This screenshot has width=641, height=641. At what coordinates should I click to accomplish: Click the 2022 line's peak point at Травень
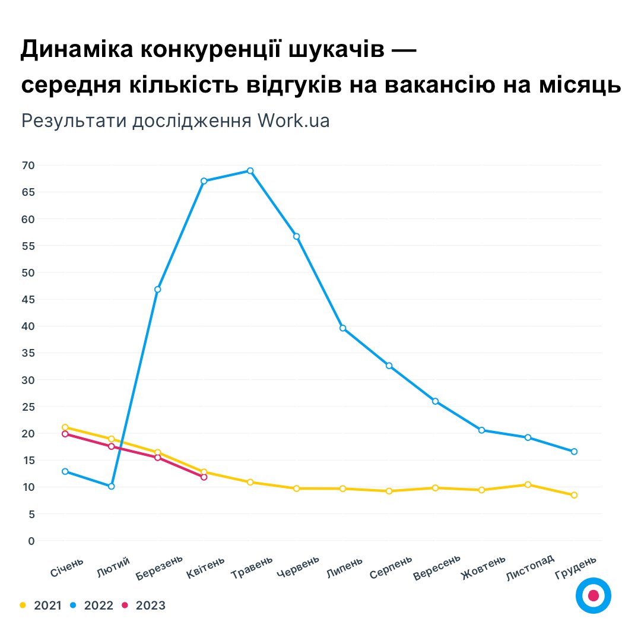tap(250, 171)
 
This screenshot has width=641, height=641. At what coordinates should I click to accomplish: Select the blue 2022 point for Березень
tap(158, 290)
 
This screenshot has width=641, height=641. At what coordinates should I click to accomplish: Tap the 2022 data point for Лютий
tap(112, 487)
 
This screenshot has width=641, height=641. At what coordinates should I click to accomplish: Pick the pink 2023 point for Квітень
tap(204, 477)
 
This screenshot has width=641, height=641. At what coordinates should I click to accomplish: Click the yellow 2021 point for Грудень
tap(574, 495)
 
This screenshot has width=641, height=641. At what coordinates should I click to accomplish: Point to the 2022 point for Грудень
tap(574, 452)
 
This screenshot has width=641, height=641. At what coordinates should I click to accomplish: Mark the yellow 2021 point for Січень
tap(65, 427)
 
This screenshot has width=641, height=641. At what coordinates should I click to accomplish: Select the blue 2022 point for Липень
tap(343, 328)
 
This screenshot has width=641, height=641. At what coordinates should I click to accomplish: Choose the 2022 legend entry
tap(92, 605)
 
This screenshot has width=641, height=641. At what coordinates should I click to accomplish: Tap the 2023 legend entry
tap(143, 605)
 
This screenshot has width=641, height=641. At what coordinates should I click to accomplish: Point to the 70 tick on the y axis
tap(28, 165)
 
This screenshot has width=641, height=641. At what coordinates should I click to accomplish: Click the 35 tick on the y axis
tap(28, 353)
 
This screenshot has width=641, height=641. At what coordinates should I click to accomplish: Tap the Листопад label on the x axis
tap(530, 567)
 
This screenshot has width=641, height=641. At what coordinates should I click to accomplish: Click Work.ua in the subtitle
tap(293, 120)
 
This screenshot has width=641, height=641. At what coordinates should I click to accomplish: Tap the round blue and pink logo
tap(593, 595)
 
